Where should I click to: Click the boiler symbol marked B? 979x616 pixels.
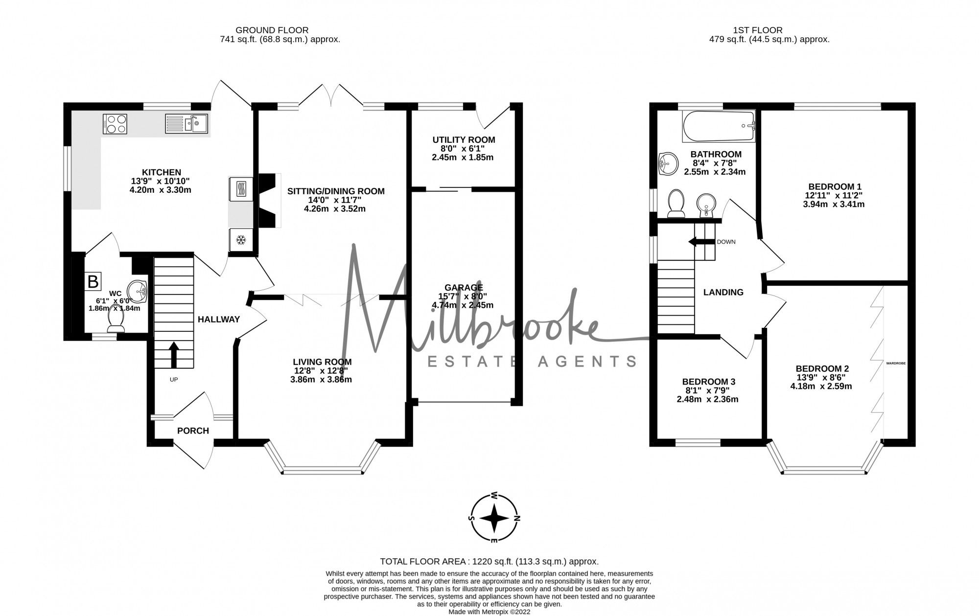pyautogui.click(x=93, y=281)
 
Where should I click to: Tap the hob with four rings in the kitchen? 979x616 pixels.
pyautogui.click(x=115, y=123)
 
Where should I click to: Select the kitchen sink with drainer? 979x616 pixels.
pyautogui.click(x=186, y=123)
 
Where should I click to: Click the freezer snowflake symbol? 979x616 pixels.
pyautogui.click(x=240, y=240)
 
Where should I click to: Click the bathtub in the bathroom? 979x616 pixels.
pyautogui.click(x=718, y=126)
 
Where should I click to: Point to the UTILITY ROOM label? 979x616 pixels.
pyautogui.click(x=464, y=140)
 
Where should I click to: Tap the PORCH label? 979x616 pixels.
pyautogui.click(x=193, y=431)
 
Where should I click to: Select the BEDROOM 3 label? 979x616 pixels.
pyautogui.click(x=708, y=382)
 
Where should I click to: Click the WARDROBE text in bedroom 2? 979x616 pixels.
pyautogui.click(x=896, y=364)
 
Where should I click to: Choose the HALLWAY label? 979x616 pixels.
pyautogui.click(x=218, y=319)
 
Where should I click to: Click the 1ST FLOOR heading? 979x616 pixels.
pyautogui.click(x=769, y=30)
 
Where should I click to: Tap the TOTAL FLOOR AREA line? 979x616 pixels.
pyautogui.click(x=489, y=562)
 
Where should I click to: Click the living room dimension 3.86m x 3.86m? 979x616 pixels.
pyautogui.click(x=321, y=380)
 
